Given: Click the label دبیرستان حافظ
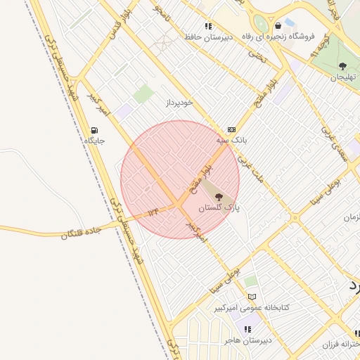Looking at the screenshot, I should [x=208, y=37].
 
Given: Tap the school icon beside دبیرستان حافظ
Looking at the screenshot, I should [x=208, y=26].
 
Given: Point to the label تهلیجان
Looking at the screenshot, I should [x=343, y=77].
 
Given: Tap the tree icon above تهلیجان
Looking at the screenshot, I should [x=343, y=66].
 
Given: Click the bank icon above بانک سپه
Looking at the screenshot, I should [x=231, y=130].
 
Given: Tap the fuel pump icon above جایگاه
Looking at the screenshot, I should [x=95, y=130].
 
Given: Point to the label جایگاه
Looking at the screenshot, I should [x=95, y=141].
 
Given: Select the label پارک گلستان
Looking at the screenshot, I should [x=218, y=208].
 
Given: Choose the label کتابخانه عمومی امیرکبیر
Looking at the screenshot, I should [x=252, y=308].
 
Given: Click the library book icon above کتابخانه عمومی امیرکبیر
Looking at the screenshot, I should [x=252, y=297].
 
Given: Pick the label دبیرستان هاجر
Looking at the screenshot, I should [x=247, y=340].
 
